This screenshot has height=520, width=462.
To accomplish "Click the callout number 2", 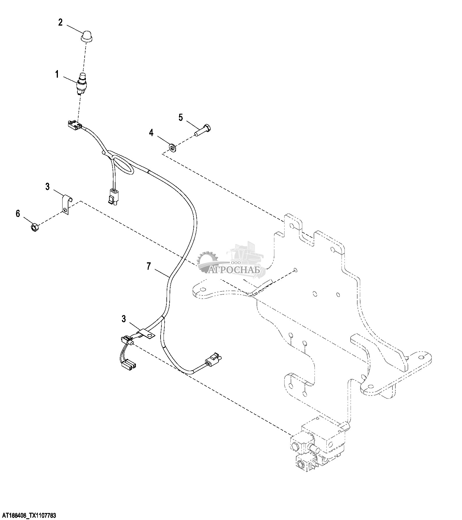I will (x=61, y=22).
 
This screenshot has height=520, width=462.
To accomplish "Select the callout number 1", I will (x=57, y=75).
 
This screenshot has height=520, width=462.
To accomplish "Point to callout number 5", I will (x=181, y=118).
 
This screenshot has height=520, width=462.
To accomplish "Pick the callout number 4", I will (x=151, y=133).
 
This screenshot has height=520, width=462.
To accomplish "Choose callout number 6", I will (x=18, y=214).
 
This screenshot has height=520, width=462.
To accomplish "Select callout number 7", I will (x=149, y=266).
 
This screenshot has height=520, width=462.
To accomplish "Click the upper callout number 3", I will (x=47, y=186).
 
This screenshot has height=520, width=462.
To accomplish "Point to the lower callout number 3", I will (x=124, y=319).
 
